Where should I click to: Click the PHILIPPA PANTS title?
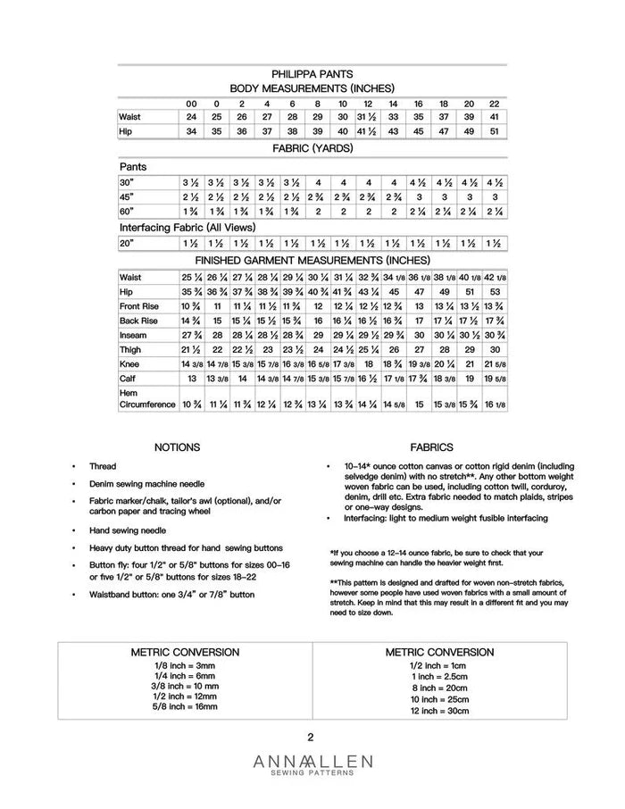click(x=312, y=74)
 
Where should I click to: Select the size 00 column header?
click(x=191, y=103)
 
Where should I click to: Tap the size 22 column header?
click(x=495, y=103)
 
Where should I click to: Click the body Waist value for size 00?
click(x=191, y=117)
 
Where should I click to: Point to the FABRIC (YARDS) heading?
click(x=312, y=148)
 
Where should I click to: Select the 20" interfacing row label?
click(x=127, y=243)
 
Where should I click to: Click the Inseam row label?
click(x=132, y=335)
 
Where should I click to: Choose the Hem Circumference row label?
click(x=147, y=398)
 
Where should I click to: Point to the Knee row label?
click(x=129, y=363)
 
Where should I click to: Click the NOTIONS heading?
click(x=177, y=447)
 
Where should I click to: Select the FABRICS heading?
click(x=431, y=447)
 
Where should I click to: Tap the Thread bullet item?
click(x=103, y=467)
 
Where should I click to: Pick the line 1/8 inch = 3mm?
click(x=185, y=665)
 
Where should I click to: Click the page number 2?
click(x=311, y=738)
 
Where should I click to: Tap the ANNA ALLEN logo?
click(x=312, y=763)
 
